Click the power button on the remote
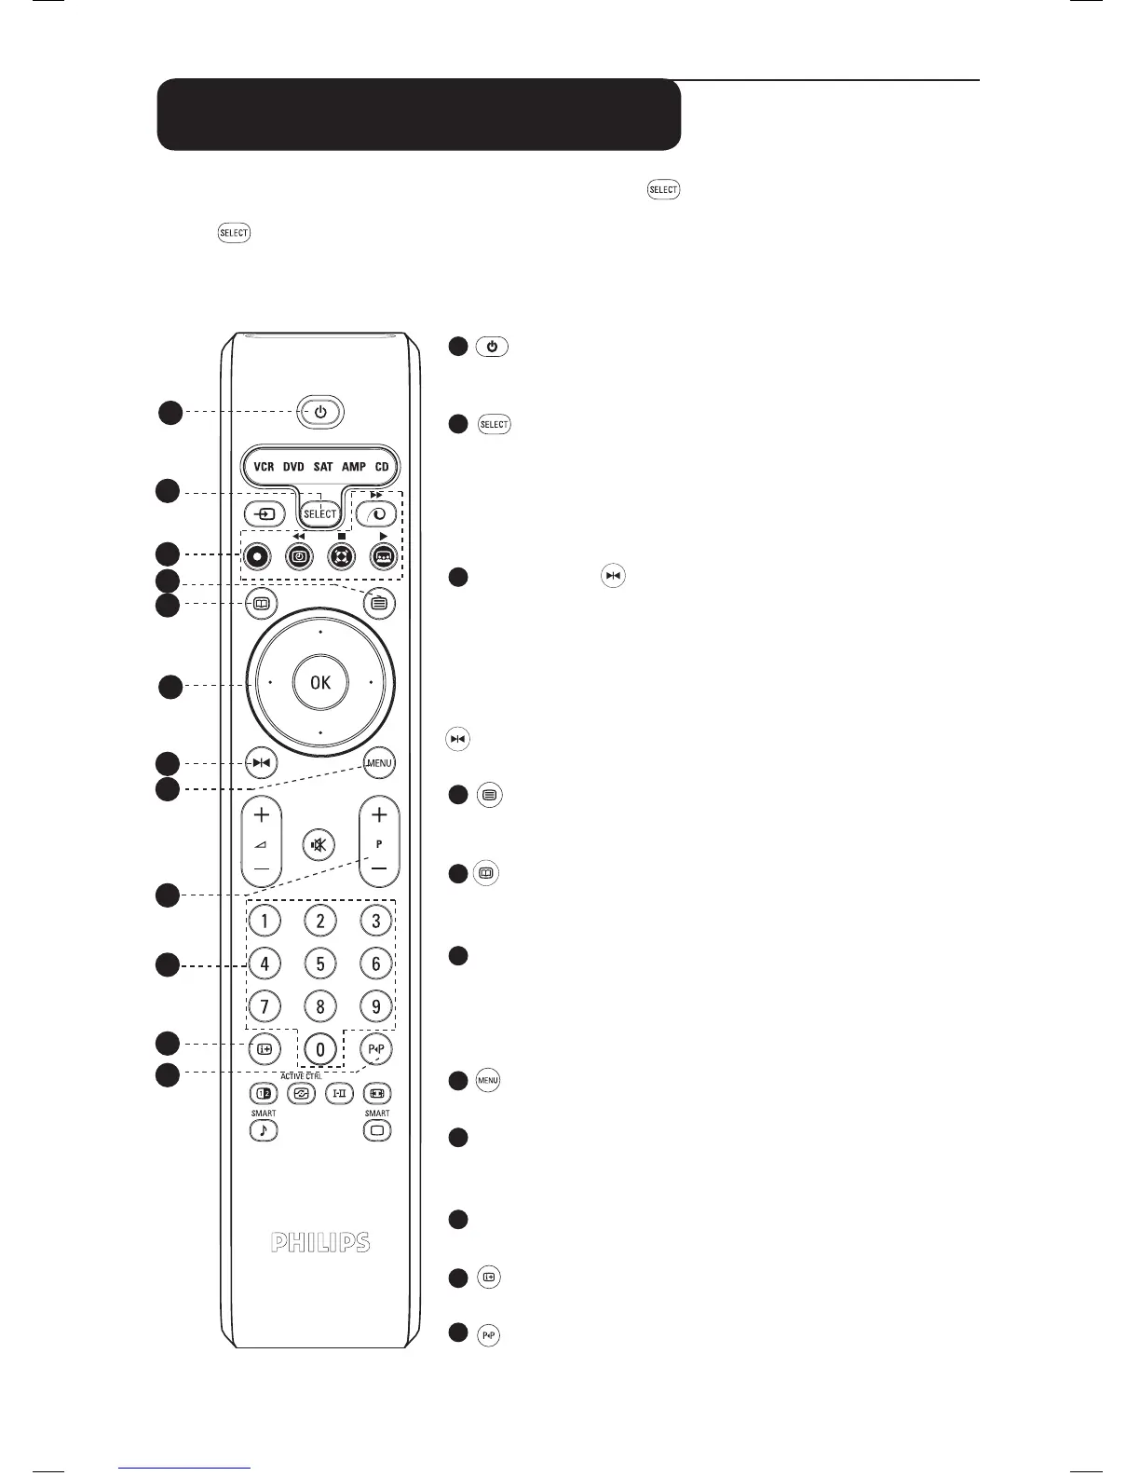[320, 411]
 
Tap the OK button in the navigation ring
[320, 682]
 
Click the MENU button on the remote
[379, 763]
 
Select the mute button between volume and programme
[319, 845]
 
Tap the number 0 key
[320, 1049]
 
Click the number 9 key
[376, 1007]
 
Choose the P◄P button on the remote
[377, 1049]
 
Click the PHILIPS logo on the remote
[320, 1242]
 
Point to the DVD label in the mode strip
[293, 466]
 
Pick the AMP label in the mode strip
[354, 466]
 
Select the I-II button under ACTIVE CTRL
[339, 1093]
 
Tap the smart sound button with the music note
[264, 1130]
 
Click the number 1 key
[265, 922]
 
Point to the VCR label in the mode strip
[265, 466]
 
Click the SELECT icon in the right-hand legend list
[494, 425]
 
